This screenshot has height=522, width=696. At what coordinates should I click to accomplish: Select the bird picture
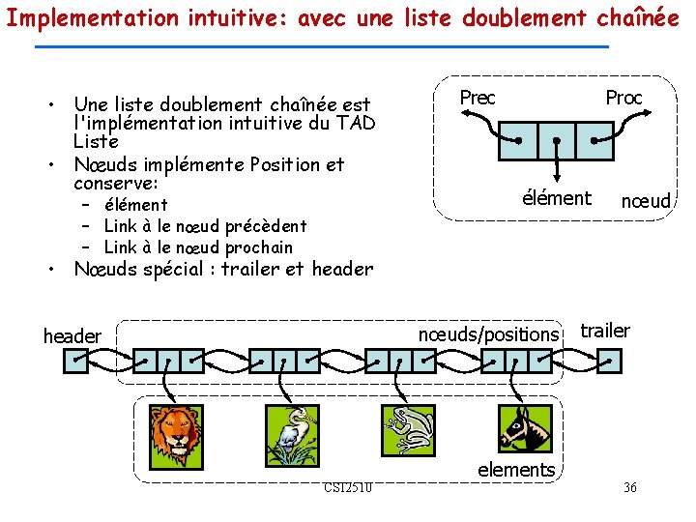290,436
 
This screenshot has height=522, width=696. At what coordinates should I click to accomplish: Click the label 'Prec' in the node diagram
478,98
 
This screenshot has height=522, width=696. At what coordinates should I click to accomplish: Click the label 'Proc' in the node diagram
623,98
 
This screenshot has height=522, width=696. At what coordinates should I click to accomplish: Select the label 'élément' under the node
556,198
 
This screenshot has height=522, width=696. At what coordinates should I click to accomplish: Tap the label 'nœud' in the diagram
645,201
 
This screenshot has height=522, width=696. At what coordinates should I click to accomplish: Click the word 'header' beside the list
72,336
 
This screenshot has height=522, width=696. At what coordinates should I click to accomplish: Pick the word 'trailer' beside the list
605,331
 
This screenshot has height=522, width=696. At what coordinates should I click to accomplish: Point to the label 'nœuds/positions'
488,334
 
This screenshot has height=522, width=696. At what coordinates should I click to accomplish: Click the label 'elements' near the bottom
516,470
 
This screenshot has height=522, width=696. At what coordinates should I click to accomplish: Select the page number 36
629,487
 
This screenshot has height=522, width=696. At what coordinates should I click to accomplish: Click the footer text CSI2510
349,486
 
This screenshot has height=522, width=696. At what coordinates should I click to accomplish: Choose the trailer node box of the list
610,361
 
